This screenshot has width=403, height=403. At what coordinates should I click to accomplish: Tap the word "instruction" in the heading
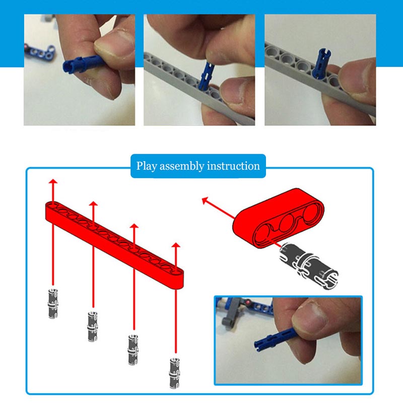pyautogui.click(x=233, y=166)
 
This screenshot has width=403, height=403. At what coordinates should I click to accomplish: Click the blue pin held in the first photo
pyautogui.click(x=81, y=64)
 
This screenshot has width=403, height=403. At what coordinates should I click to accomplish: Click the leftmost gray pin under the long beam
pyautogui.click(x=53, y=304)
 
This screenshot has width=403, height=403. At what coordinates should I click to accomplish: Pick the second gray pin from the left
pyautogui.click(x=93, y=326)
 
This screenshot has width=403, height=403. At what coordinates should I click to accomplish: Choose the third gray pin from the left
pyautogui.click(x=133, y=350)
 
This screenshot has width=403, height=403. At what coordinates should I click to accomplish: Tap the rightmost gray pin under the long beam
pyautogui.click(x=175, y=373)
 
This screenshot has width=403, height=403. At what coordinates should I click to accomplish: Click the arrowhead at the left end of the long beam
pyautogui.click(x=53, y=181)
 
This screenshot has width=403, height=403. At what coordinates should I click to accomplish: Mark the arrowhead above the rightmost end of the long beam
pyautogui.click(x=176, y=245)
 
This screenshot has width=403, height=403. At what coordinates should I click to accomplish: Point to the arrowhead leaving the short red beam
pyautogui.click(x=205, y=199)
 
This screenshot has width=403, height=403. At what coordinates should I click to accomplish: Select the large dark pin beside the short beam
pyautogui.click(x=309, y=266)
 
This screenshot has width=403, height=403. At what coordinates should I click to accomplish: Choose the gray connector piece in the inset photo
pyautogui.click(x=231, y=314)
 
